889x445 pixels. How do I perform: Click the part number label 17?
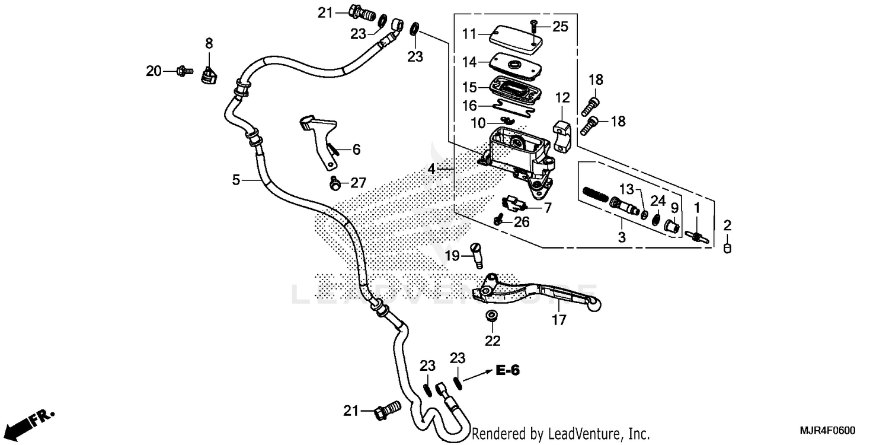(559, 320)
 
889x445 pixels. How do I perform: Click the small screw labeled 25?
(533, 27)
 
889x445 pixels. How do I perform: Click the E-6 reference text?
(507, 371)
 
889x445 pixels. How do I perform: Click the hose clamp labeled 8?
(209, 75)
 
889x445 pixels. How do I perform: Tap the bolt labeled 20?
(184, 71)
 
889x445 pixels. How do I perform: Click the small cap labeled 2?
(728, 247)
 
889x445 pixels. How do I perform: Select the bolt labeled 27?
(335, 185)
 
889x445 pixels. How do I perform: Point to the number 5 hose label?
(236, 179)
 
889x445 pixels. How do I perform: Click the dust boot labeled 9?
(672, 226)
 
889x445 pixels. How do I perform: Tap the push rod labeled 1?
(697, 237)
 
